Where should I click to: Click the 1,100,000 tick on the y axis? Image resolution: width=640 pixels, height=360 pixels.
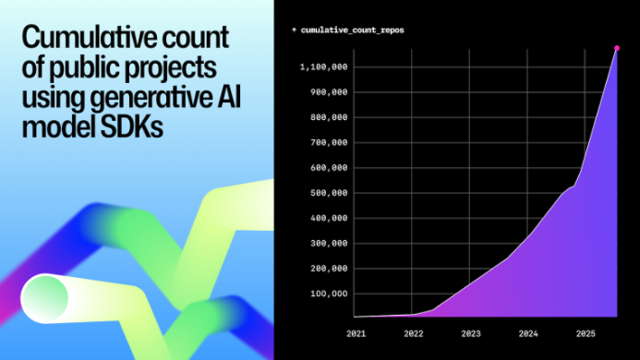point(323,66)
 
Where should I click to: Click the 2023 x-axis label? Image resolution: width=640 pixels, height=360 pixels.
point(470,332)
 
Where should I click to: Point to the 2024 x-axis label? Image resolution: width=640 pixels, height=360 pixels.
point(528,332)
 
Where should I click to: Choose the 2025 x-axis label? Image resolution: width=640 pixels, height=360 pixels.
point(586,332)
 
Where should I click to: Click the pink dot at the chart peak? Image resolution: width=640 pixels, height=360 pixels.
point(617,47)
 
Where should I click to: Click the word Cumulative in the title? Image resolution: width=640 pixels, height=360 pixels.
point(74,40)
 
